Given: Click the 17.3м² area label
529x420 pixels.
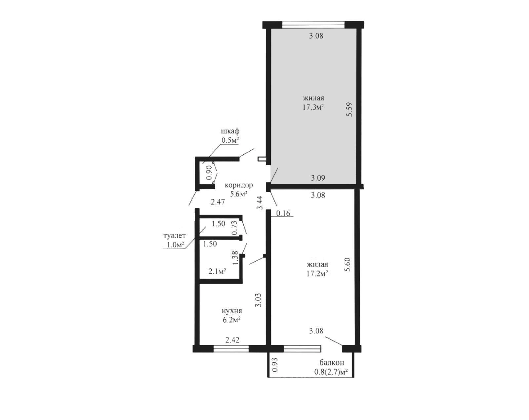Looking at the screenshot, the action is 313,107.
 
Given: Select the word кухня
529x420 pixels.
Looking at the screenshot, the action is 232,311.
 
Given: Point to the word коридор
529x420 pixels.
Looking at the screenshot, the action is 239,185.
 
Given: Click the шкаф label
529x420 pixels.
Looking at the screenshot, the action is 230,131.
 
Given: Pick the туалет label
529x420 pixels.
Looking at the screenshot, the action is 175,236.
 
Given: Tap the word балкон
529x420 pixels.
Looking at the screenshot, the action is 332,363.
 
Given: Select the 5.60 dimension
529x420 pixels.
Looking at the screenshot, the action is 347,264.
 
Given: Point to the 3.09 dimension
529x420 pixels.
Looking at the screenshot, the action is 318,178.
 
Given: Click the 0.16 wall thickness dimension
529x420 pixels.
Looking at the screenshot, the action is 283,213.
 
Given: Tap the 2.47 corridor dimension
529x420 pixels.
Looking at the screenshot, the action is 218,202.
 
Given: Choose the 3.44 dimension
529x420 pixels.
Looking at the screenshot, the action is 260,202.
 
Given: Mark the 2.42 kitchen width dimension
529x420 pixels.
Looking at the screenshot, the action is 232,340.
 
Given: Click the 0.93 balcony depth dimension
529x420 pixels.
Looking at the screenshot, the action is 275,365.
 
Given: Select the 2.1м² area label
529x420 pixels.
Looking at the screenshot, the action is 217,272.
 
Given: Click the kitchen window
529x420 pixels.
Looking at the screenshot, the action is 231,349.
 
